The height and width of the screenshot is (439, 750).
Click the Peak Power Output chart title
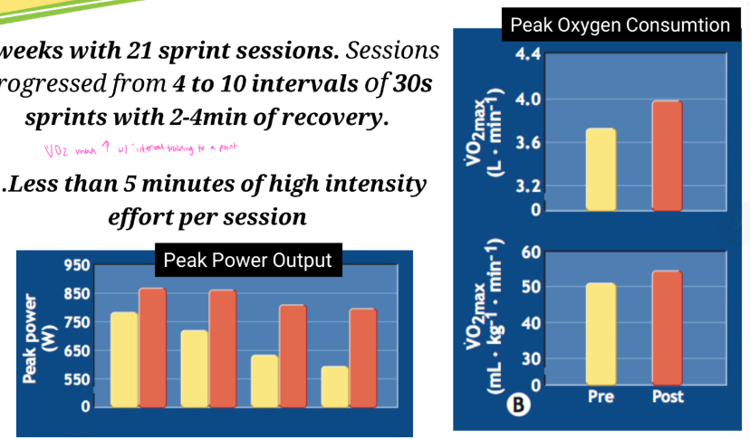(x=247, y=261)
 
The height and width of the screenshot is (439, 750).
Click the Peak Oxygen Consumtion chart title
(x=620, y=24)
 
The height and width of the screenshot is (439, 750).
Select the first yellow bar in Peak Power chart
(x=124, y=359)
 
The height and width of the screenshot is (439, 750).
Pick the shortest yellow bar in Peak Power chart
(x=335, y=387)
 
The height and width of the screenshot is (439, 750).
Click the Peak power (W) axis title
(x=41, y=337)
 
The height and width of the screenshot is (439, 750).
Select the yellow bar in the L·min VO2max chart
(x=601, y=169)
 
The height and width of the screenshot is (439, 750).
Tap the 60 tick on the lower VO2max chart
(x=533, y=252)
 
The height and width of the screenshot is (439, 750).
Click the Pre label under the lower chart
(x=601, y=396)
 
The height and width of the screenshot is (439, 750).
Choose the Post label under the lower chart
(x=667, y=396)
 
